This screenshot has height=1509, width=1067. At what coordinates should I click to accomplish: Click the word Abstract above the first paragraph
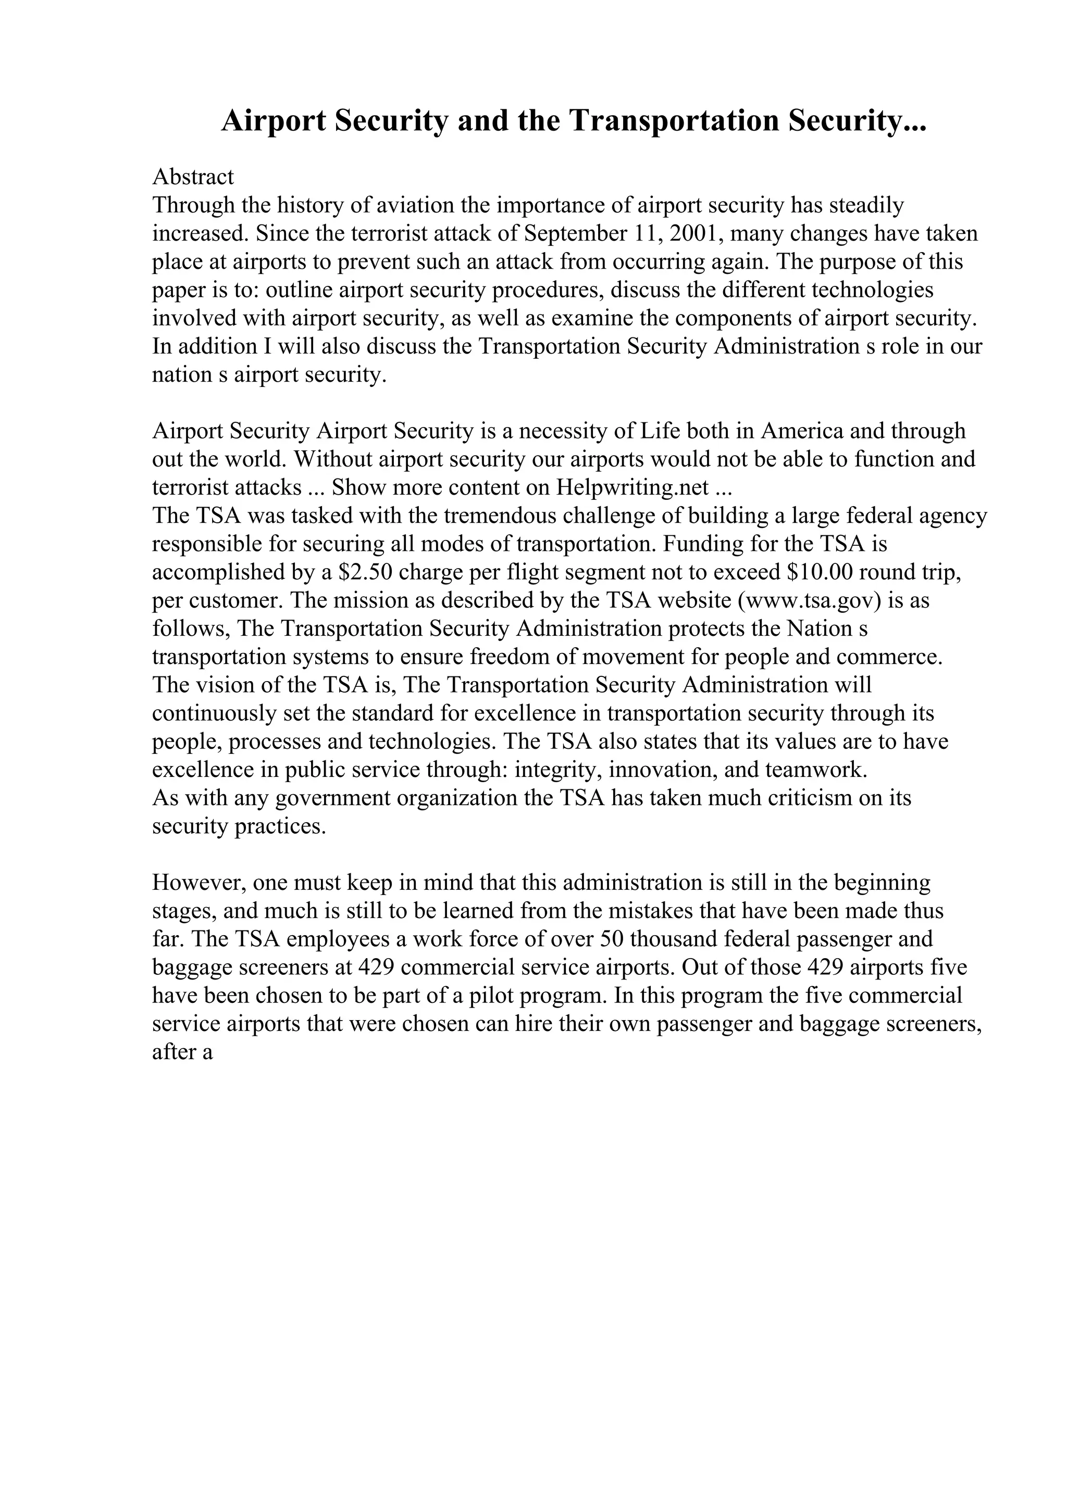[x=193, y=177]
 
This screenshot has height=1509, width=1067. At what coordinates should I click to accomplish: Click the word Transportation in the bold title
[x=673, y=121]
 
